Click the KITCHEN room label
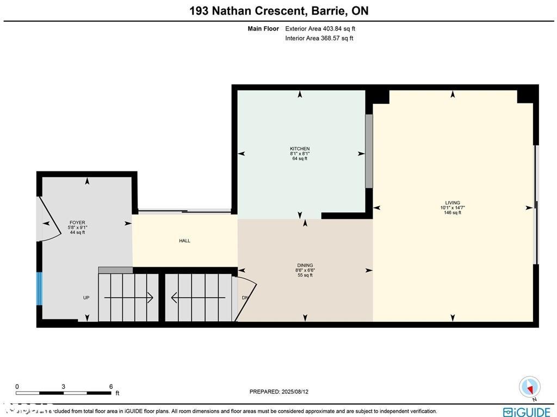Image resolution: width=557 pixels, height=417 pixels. point(300,149)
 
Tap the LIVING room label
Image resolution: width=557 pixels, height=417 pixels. point(452,203)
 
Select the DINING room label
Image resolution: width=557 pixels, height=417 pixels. point(304,266)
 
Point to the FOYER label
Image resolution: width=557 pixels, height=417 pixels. point(77,223)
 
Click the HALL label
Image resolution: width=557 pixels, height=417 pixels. point(184,241)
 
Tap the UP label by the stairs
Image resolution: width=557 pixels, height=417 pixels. point(86,298)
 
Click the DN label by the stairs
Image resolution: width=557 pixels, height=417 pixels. point(245,298)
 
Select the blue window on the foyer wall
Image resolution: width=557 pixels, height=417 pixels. point(39,289)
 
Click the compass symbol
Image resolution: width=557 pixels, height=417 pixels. point(529,387)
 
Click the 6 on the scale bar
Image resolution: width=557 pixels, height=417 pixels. point(110,387)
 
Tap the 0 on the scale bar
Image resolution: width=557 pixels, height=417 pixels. point(17,387)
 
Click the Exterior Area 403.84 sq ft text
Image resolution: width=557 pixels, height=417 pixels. point(320,29)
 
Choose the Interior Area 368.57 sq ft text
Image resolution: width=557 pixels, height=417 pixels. point(319,38)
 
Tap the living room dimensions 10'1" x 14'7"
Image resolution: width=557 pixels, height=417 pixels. point(452,207)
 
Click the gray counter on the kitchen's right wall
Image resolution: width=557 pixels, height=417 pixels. point(369,151)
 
